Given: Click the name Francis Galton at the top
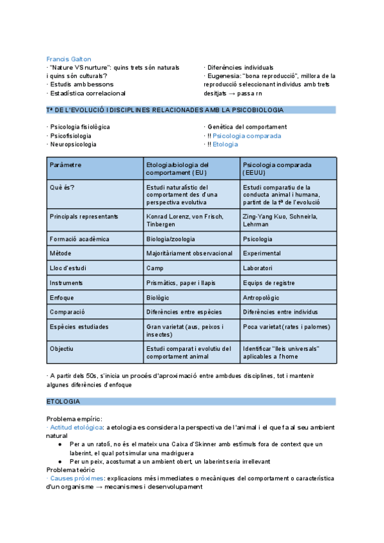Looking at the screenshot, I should point(68,59).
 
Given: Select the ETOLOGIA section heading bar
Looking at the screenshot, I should point(191,401).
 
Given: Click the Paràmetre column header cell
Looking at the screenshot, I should point(95,169).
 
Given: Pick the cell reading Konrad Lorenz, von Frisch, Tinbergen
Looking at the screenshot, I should point(192,221).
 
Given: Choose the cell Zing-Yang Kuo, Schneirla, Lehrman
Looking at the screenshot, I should point(289,221).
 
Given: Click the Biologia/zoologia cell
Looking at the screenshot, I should point(192,239).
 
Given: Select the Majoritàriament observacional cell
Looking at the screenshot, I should point(192,254).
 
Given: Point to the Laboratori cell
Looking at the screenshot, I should point(289,268).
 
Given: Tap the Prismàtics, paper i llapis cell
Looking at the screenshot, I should point(192,282).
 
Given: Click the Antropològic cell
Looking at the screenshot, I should point(289,297).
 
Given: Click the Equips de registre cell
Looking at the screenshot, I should point(289,282).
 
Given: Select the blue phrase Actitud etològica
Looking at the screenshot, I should point(76,427).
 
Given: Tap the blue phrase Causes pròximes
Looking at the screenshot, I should point(76,478).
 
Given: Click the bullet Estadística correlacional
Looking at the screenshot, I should point(90,92).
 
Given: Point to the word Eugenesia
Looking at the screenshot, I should point(223,76).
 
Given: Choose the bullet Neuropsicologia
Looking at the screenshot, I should point(73,144).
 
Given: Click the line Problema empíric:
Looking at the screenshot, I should point(73,419).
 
